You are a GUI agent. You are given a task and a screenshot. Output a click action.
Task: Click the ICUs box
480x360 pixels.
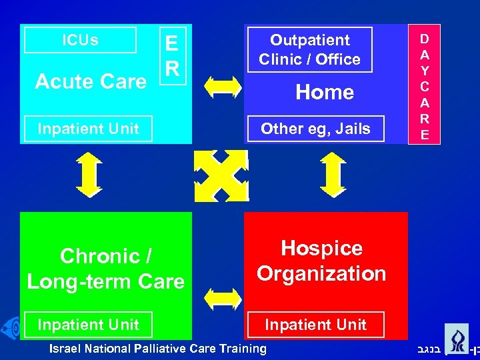80,40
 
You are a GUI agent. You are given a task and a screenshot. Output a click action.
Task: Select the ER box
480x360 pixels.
171,56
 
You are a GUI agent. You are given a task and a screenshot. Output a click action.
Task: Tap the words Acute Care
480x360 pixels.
91,82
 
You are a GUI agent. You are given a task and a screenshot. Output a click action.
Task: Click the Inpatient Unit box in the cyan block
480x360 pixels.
88,129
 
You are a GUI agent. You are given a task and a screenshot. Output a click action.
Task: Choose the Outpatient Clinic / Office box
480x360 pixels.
309,50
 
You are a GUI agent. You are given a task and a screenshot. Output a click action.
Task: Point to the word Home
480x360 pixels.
325,92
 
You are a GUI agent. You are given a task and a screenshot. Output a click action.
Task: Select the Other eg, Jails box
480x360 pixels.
315,129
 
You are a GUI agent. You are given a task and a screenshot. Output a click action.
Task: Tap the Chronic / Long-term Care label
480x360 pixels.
105,269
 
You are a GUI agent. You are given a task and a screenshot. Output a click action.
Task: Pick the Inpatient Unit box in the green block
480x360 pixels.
88,325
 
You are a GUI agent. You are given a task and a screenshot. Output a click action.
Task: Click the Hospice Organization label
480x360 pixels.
321,261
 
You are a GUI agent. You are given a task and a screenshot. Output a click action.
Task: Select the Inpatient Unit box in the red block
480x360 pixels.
315,325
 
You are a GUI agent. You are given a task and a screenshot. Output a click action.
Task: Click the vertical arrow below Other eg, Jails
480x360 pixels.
331,175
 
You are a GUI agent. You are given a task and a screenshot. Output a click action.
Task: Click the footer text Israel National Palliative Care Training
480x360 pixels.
159,348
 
